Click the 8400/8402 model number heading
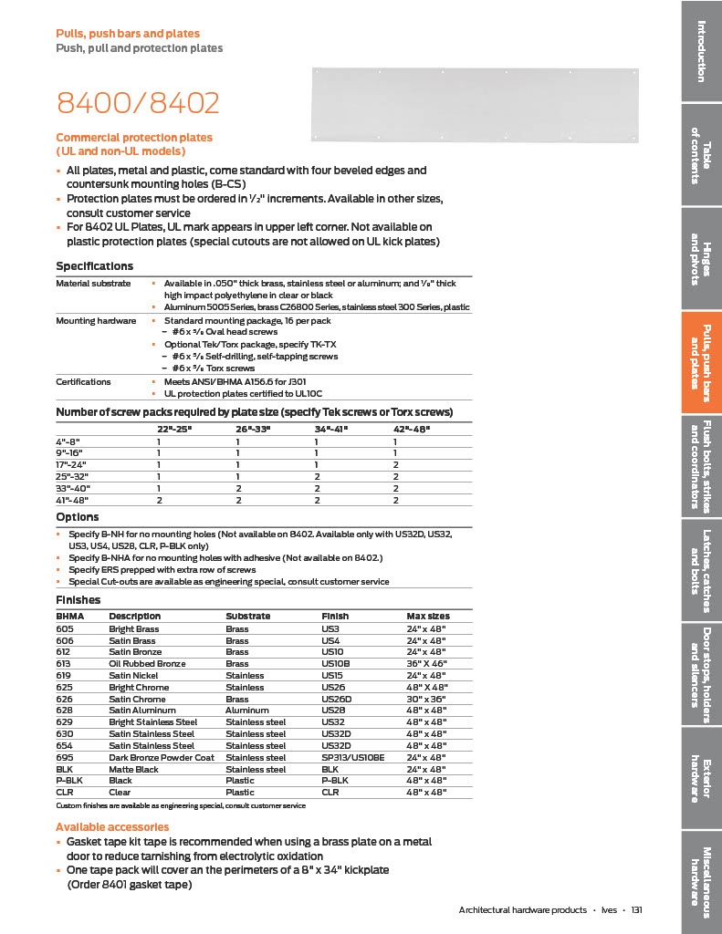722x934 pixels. point(138,103)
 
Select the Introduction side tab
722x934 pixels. point(701,51)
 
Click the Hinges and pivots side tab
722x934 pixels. point(701,259)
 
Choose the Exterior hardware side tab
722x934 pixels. point(701,779)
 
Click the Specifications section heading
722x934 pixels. point(95,266)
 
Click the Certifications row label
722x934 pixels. point(83,381)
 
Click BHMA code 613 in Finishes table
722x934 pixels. point(64,663)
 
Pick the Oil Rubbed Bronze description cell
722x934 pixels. point(147,663)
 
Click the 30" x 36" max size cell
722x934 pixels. point(426,699)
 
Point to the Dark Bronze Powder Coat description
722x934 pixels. point(162,757)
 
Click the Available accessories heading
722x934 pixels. point(112,826)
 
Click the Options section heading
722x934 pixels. point(78,517)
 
